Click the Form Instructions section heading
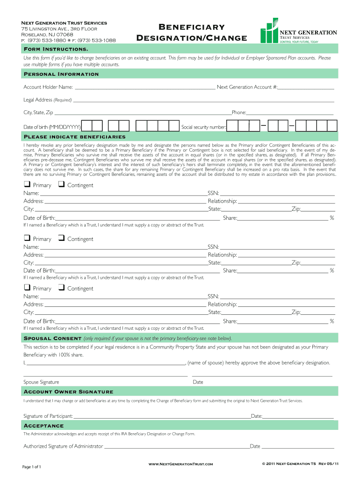click(56, 49)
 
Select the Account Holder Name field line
click(144, 87)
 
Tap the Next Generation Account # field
click(306, 87)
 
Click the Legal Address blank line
click(203, 100)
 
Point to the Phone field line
click(290, 113)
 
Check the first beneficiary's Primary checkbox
click(27, 184)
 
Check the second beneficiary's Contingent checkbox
click(61, 238)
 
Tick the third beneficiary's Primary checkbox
click(27, 288)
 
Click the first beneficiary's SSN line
click(277, 193)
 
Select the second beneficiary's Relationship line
click(286, 255)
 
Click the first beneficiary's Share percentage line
click(282, 218)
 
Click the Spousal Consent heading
click(53, 339)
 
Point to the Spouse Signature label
click(41, 382)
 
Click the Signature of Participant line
click(162, 416)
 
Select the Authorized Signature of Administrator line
click(177, 446)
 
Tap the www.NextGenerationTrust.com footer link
click(180, 464)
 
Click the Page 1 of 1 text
click(32, 467)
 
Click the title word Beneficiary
click(191, 28)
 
